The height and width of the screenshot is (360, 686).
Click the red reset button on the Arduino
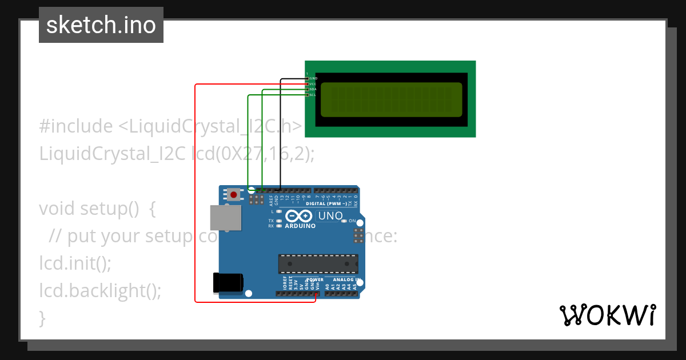(234, 195)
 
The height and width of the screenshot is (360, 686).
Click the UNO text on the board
(330, 216)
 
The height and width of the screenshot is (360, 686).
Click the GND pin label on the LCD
(313, 78)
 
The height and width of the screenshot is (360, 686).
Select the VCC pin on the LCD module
(313, 83)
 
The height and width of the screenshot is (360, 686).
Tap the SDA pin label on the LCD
(313, 89)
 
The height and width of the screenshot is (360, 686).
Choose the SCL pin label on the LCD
(313, 95)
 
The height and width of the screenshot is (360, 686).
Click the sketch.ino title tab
(101, 25)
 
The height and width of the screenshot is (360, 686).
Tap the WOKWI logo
(607, 315)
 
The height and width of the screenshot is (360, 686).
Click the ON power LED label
(353, 221)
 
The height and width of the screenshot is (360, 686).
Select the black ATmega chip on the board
(318, 263)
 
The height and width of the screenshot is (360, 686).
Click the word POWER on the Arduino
(315, 280)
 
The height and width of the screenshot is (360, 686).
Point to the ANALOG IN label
(342, 280)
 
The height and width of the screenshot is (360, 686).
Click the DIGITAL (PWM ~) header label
(326, 203)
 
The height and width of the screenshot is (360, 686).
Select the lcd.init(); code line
(75, 263)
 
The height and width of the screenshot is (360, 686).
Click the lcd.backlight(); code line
(100, 291)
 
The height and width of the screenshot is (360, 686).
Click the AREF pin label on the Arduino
(271, 200)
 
